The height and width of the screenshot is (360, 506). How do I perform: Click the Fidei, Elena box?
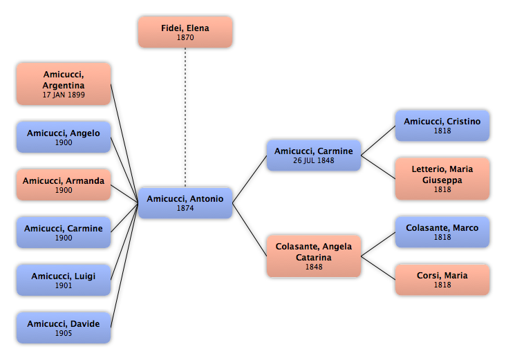click(185, 32)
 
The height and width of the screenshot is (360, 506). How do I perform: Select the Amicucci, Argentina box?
click(64, 84)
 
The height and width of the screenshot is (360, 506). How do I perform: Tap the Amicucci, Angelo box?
click(64, 137)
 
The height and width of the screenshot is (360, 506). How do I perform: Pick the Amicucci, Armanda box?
click(64, 185)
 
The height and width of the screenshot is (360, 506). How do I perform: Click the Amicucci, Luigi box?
click(64, 280)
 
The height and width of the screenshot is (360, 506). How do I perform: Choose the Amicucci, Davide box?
click(64, 328)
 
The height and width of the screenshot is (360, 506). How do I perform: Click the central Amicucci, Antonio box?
click(185, 203)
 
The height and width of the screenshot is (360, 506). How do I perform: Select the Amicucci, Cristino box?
click(442, 126)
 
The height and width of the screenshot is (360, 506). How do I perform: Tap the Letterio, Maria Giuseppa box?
click(442, 179)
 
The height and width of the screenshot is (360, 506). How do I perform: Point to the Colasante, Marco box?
click(442, 232)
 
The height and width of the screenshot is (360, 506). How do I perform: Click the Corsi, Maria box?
click(442, 280)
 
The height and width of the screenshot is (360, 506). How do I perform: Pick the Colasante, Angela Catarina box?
click(314, 256)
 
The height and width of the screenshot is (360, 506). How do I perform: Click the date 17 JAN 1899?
click(64, 95)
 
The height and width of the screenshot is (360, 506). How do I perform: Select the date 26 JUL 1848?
click(314, 160)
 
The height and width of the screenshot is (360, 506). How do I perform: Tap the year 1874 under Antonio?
click(185, 209)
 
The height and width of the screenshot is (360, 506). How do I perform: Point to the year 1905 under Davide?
click(64, 333)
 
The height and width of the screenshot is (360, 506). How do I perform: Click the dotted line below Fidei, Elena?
click(185, 117)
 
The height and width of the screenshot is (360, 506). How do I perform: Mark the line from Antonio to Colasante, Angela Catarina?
click(250, 229)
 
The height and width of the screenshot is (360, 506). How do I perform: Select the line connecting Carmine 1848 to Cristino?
click(378, 141)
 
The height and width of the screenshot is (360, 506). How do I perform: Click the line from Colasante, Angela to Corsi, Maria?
click(378, 267)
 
